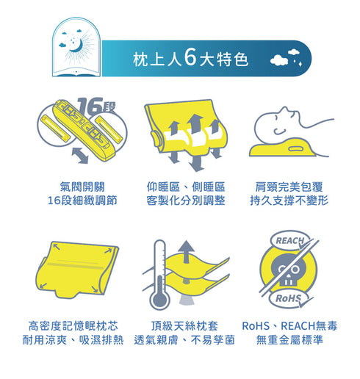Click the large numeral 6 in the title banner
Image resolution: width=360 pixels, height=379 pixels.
click(x=190, y=57)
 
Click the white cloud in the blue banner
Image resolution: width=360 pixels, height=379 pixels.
click(x=279, y=60)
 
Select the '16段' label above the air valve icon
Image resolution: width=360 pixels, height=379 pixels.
click(x=96, y=106)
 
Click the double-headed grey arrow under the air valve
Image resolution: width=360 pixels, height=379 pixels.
click(x=80, y=155)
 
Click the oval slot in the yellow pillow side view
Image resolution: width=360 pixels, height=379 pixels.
click(x=295, y=148)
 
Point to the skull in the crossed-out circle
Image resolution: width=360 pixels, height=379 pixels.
click(x=288, y=270)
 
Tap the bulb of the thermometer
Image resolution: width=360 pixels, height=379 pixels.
click(x=159, y=300)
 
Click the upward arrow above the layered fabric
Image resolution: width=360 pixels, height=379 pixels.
click(x=187, y=251)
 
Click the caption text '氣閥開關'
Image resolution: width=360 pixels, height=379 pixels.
click(x=82, y=187)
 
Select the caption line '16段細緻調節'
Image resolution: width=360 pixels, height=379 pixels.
click(x=82, y=201)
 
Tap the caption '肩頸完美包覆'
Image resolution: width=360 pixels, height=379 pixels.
click(x=289, y=187)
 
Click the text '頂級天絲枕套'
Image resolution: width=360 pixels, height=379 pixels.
click(x=184, y=326)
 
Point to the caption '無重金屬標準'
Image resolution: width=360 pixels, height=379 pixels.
click(x=289, y=339)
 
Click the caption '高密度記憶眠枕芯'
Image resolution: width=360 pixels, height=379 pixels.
click(x=73, y=326)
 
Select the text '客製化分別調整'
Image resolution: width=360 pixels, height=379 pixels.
click(x=186, y=201)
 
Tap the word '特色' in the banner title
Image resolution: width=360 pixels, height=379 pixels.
click(x=232, y=59)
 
